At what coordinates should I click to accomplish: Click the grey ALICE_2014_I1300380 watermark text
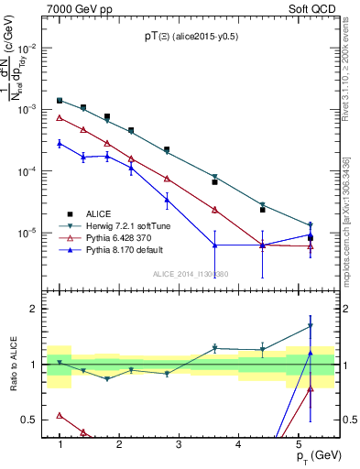coord(190,273)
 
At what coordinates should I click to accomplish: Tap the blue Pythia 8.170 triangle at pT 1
coord(60,143)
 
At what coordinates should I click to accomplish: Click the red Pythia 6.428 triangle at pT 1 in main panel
coord(60,117)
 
